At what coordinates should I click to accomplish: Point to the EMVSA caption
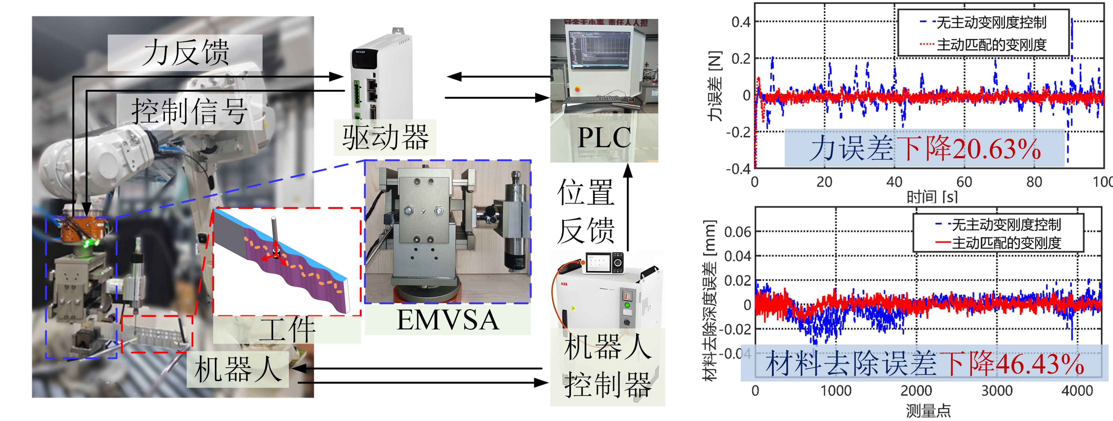coord(448,320)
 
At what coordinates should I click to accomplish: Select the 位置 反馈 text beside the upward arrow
coord(586,211)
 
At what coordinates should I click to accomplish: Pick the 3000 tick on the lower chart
coord(997,391)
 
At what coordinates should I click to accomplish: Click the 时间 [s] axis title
coord(932,197)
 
